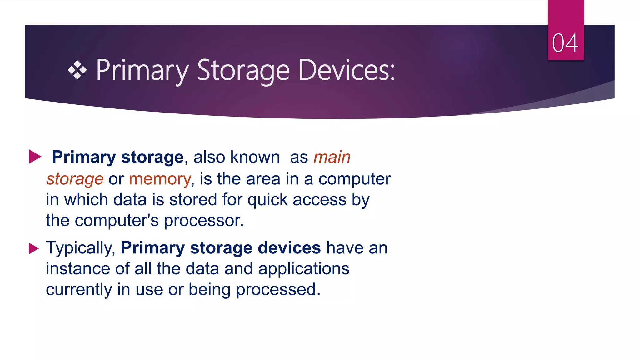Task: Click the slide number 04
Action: (565, 43)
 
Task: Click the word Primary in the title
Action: (142, 71)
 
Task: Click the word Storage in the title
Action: (243, 71)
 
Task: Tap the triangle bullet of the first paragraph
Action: (35, 157)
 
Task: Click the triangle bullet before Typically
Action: (33, 248)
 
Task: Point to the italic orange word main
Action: (332, 157)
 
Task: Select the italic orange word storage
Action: (75, 179)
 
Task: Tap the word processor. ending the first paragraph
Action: (204, 221)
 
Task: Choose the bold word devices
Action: (289, 248)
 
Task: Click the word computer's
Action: (117, 221)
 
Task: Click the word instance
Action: (78, 269)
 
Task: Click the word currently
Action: (79, 290)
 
